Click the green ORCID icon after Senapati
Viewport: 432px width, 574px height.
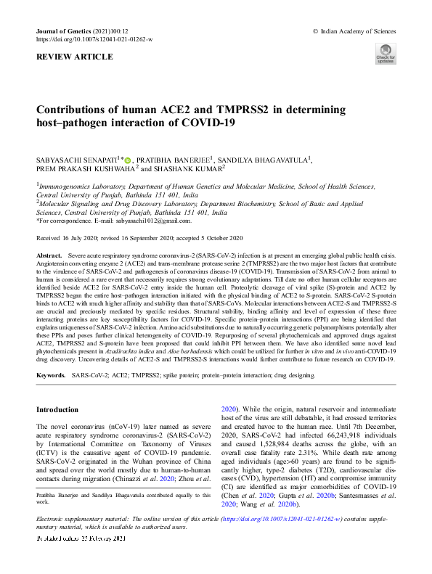click(128, 159)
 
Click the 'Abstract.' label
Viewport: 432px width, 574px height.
click(49, 257)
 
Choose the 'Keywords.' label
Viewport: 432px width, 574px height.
click(51, 376)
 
